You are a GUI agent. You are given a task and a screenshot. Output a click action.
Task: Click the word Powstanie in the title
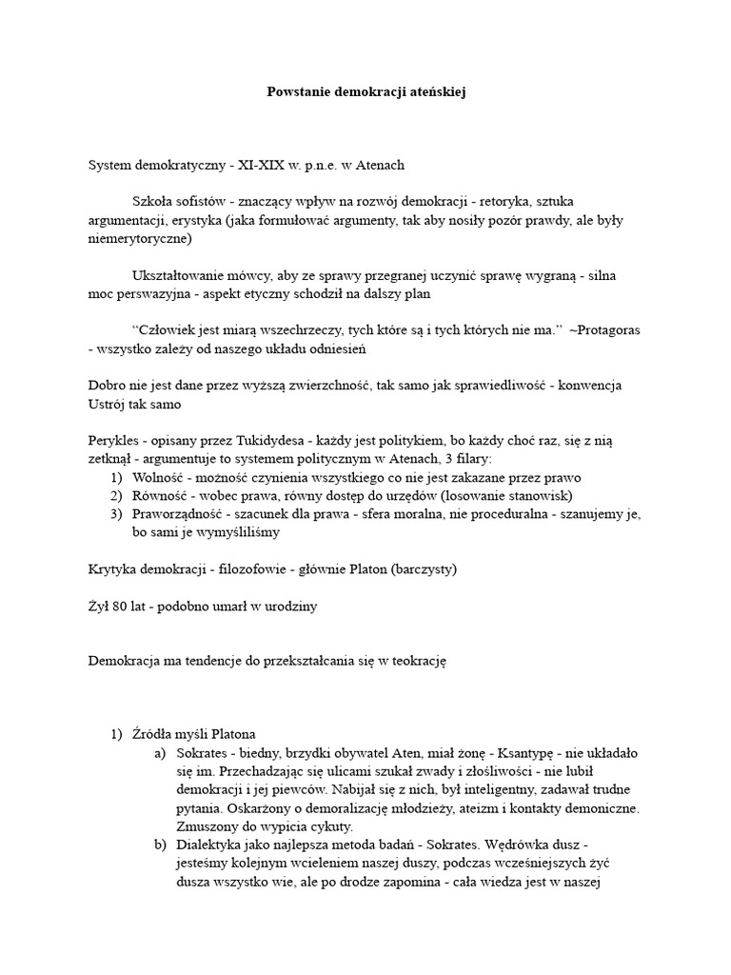(295, 93)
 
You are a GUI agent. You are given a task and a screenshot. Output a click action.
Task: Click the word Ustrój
(108, 404)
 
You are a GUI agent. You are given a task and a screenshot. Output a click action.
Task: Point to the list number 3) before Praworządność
(115, 514)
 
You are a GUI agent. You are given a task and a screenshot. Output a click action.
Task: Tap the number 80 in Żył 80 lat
(124, 606)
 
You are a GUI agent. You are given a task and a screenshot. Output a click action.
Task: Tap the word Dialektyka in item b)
(207, 844)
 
